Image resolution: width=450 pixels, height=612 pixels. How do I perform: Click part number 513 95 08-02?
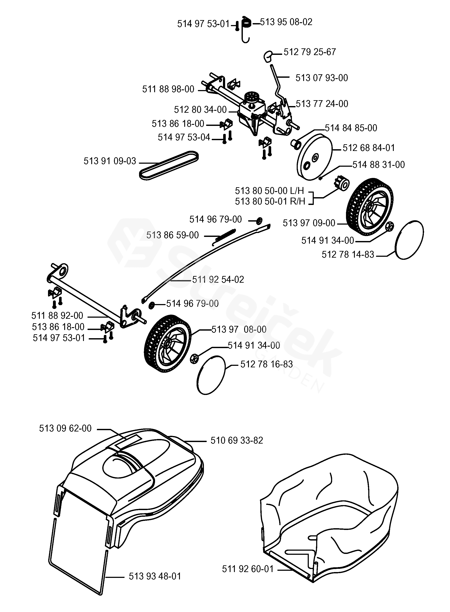tap(286, 22)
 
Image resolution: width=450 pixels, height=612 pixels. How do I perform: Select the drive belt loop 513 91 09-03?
tap(169, 165)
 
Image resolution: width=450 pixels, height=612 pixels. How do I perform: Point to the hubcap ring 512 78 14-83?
tap(409, 240)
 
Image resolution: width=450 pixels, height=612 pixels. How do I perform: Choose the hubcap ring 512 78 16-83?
tap(211, 375)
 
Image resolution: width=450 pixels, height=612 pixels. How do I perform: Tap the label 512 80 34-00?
tap(200, 110)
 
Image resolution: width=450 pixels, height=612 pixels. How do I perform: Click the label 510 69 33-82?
tap(237, 440)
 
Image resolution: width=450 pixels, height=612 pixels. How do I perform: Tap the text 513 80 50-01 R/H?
tap(270, 201)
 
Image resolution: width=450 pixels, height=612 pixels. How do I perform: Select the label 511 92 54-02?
tap(218, 279)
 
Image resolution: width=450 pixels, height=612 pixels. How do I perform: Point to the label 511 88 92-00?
tap(57, 316)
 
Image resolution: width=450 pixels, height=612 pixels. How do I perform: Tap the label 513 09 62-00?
tap(65, 428)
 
